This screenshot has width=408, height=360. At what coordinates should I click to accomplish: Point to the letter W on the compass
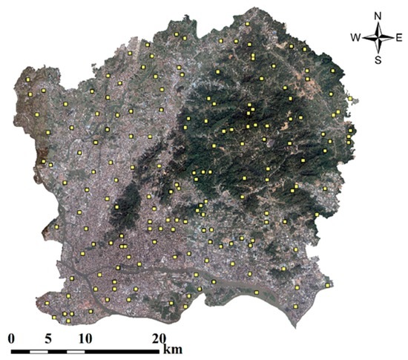tap(356, 36)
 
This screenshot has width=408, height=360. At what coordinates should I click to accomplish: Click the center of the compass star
tap(378, 36)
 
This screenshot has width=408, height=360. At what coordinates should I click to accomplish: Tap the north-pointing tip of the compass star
tap(378, 23)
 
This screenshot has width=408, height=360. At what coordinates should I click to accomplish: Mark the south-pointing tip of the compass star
tap(378, 50)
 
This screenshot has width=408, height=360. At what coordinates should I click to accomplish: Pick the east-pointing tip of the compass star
tap(392, 36)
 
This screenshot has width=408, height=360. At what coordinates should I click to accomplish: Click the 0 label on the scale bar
tap(11, 338)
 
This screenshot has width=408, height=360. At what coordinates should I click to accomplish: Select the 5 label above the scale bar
tap(48, 338)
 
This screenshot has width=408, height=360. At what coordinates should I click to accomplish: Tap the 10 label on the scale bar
tap(85, 338)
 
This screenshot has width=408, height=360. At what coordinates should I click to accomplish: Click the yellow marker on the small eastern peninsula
tap(349, 97)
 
